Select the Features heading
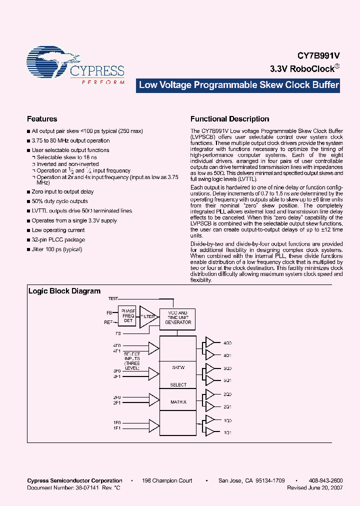tap(42, 119)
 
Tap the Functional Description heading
tap(229, 119)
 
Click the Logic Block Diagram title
tap(64, 291)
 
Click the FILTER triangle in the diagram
tap(148, 316)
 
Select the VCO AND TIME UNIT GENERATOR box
tap(178, 317)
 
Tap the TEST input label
tap(112, 298)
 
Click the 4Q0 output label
tap(228, 343)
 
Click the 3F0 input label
tap(117, 371)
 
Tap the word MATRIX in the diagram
tap(178, 402)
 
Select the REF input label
tap(108, 322)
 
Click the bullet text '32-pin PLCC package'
tap(58, 240)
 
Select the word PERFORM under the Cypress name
tap(103, 82)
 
